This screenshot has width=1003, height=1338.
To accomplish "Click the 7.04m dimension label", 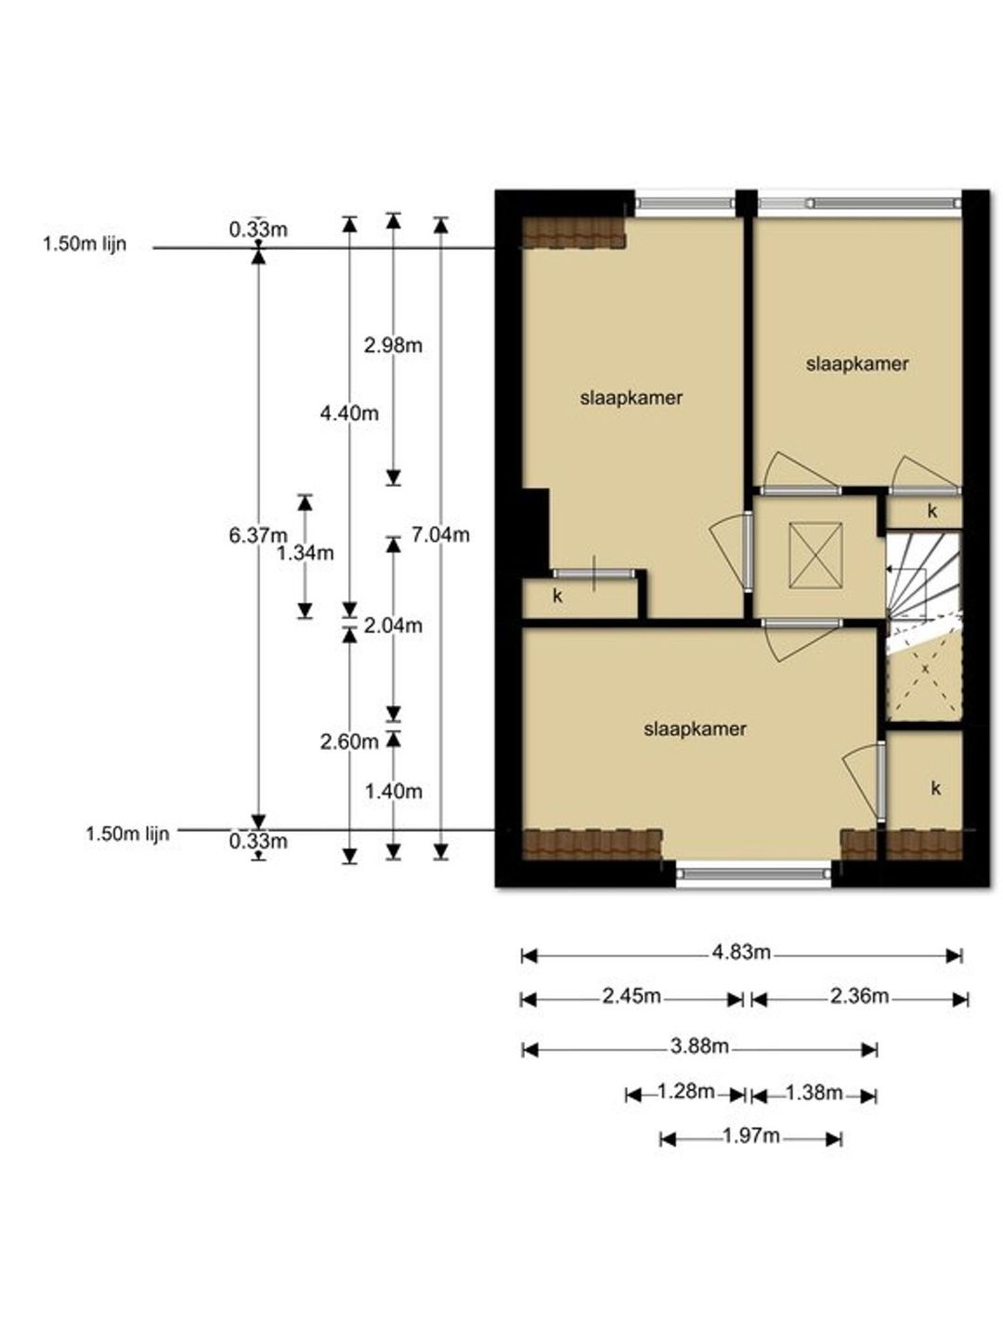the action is (x=440, y=534).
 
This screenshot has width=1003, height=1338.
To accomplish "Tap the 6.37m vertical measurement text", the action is (x=258, y=535).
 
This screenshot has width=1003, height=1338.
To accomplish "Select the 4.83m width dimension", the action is (x=741, y=951).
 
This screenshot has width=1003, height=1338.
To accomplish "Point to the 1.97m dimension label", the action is (x=751, y=1135).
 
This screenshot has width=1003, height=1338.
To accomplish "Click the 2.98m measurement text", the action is (x=393, y=346).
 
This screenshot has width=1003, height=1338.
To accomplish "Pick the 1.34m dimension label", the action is (x=306, y=553).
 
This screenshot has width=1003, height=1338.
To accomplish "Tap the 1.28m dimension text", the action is (x=685, y=1091).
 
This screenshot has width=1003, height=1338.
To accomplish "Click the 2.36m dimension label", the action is (x=859, y=996).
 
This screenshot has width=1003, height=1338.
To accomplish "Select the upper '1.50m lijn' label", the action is (x=85, y=244).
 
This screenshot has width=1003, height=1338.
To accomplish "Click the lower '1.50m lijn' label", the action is (x=127, y=833).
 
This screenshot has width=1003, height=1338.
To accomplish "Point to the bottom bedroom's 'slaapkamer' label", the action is (x=695, y=729).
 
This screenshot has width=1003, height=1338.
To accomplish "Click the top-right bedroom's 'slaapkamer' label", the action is (x=857, y=364).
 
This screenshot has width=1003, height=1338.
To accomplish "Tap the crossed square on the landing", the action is (x=815, y=556).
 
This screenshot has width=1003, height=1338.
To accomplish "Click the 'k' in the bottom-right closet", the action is (x=935, y=788).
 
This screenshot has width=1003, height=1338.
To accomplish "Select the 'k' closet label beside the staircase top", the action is (x=931, y=511).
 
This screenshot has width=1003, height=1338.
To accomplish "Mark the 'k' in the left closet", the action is (x=557, y=597).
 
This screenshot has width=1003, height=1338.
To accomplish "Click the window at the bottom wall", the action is (x=753, y=873).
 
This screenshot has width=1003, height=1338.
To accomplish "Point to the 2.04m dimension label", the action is (x=393, y=625).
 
